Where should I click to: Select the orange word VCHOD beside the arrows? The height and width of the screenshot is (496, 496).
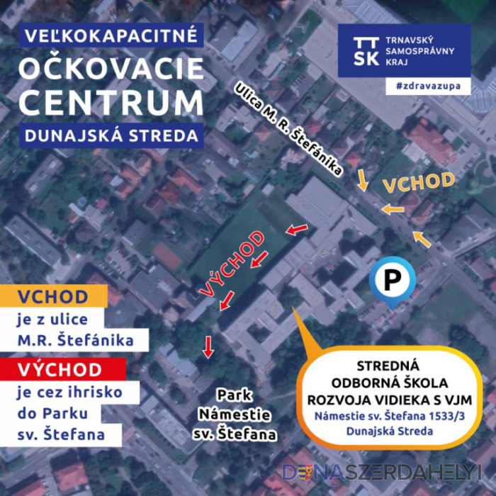pyautogui.click(x=419, y=182)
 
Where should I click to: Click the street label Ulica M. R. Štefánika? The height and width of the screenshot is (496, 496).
pyautogui.click(x=290, y=127)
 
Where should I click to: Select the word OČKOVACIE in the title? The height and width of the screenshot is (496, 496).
pyautogui.click(x=111, y=69)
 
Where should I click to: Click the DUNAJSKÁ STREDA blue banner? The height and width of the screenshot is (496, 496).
pyautogui.click(x=111, y=135)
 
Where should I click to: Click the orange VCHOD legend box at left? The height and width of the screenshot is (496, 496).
pyautogui.click(x=53, y=296)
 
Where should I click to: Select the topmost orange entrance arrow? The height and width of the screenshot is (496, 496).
pyautogui.click(x=362, y=180)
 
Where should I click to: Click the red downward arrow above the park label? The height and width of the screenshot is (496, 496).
pyautogui.click(x=208, y=346)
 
